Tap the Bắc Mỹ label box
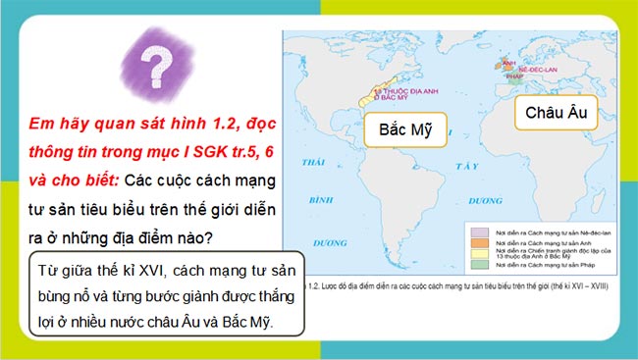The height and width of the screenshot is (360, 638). [x=405, y=129]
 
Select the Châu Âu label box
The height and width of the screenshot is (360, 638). [x=556, y=113]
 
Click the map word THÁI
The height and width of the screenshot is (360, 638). [x=314, y=160]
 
